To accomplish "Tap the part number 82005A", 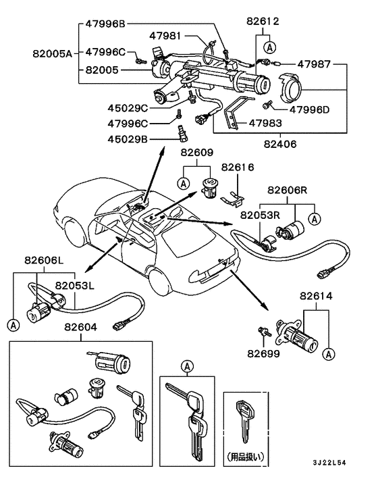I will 51,51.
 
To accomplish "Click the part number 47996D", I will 310,108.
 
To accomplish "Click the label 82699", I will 263,353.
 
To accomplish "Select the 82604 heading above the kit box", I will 81,327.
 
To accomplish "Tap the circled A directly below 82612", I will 270,47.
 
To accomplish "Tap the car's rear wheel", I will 162,278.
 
